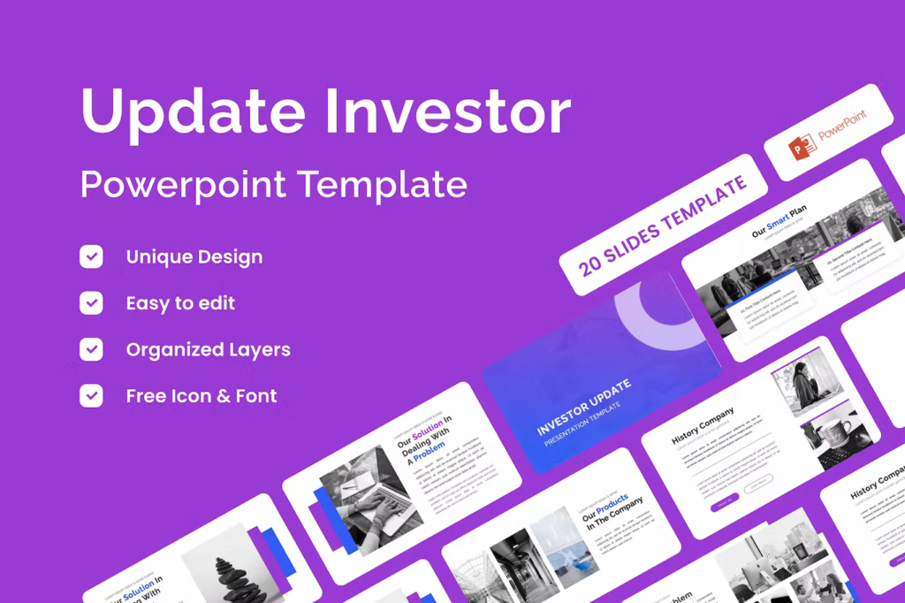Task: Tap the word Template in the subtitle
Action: pos(382,184)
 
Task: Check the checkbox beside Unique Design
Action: pos(91,257)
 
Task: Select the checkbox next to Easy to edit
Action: pos(91,303)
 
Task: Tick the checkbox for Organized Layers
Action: pos(91,349)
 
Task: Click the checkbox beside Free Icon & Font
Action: pos(91,395)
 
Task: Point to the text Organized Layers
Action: pos(208,349)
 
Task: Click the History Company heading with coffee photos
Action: pos(703,425)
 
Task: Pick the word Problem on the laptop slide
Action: pos(430,448)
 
